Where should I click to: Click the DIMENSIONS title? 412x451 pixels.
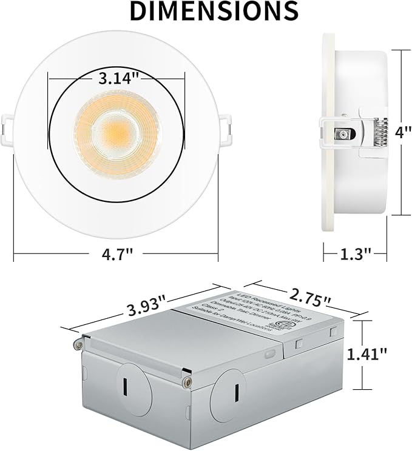point(206,11)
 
